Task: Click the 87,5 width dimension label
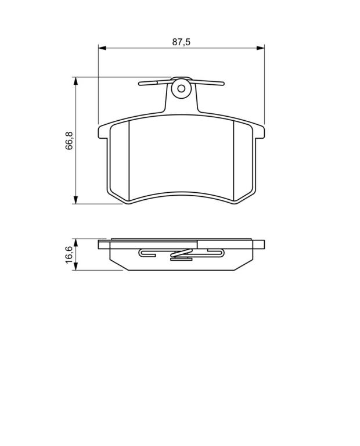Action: tap(181, 42)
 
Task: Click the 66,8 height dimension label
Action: tap(69, 141)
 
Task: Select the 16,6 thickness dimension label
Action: tap(69, 255)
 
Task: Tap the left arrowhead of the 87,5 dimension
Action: tap(102, 48)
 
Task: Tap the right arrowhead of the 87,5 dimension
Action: tap(260, 48)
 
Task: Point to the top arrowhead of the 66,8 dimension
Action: tap(75, 81)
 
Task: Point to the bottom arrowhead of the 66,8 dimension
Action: tap(75, 200)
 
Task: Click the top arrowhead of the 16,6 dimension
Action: tap(75, 243)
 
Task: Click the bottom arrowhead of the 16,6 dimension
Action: tap(75, 266)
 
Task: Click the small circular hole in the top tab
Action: tap(181, 89)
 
